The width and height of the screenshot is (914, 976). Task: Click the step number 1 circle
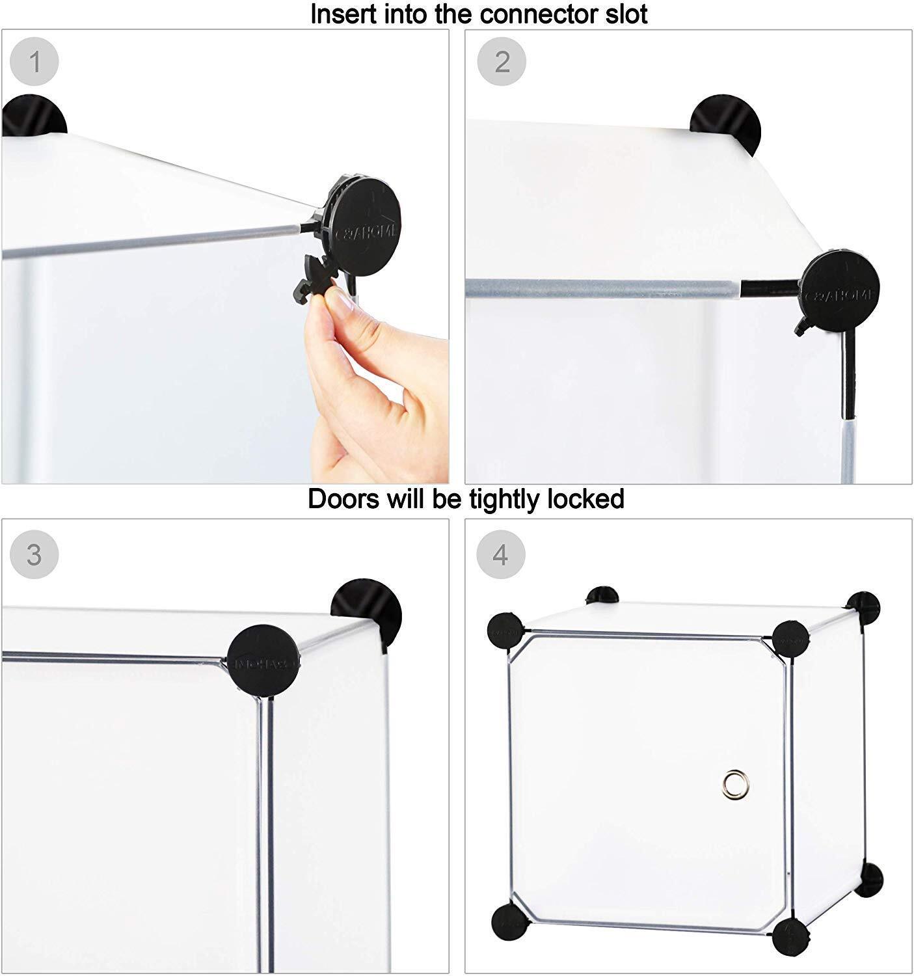[x=34, y=62]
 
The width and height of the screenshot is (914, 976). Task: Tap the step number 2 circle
[x=502, y=62]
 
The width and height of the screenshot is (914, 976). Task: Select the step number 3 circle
[x=34, y=555]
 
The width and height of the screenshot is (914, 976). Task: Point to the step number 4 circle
[x=500, y=555]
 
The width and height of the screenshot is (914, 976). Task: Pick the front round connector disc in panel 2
[x=840, y=286]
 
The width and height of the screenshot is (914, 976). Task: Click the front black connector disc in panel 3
[x=263, y=658]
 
